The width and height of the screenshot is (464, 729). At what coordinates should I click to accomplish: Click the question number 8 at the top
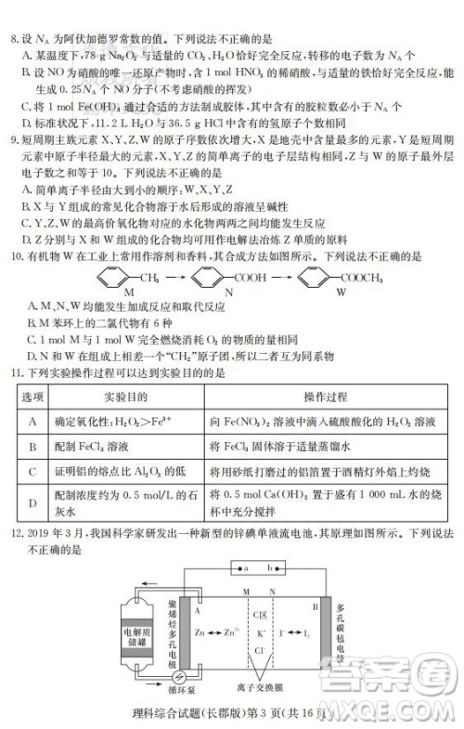(x=10, y=14)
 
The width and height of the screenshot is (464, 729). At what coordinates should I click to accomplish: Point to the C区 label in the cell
(x=259, y=615)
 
